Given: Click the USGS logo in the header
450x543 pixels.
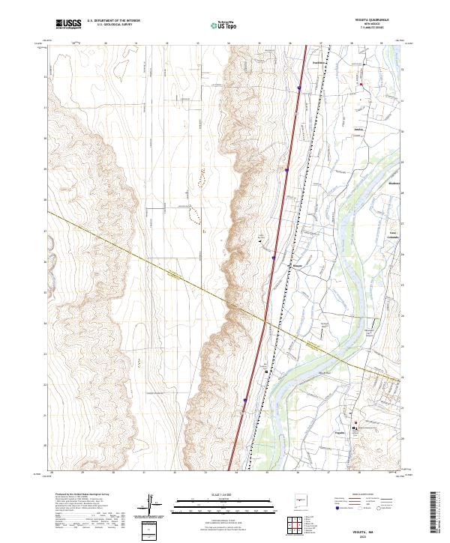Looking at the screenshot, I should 69,24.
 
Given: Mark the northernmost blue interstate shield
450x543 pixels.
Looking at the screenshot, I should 298,88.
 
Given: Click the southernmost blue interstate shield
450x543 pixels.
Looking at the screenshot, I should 244,401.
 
